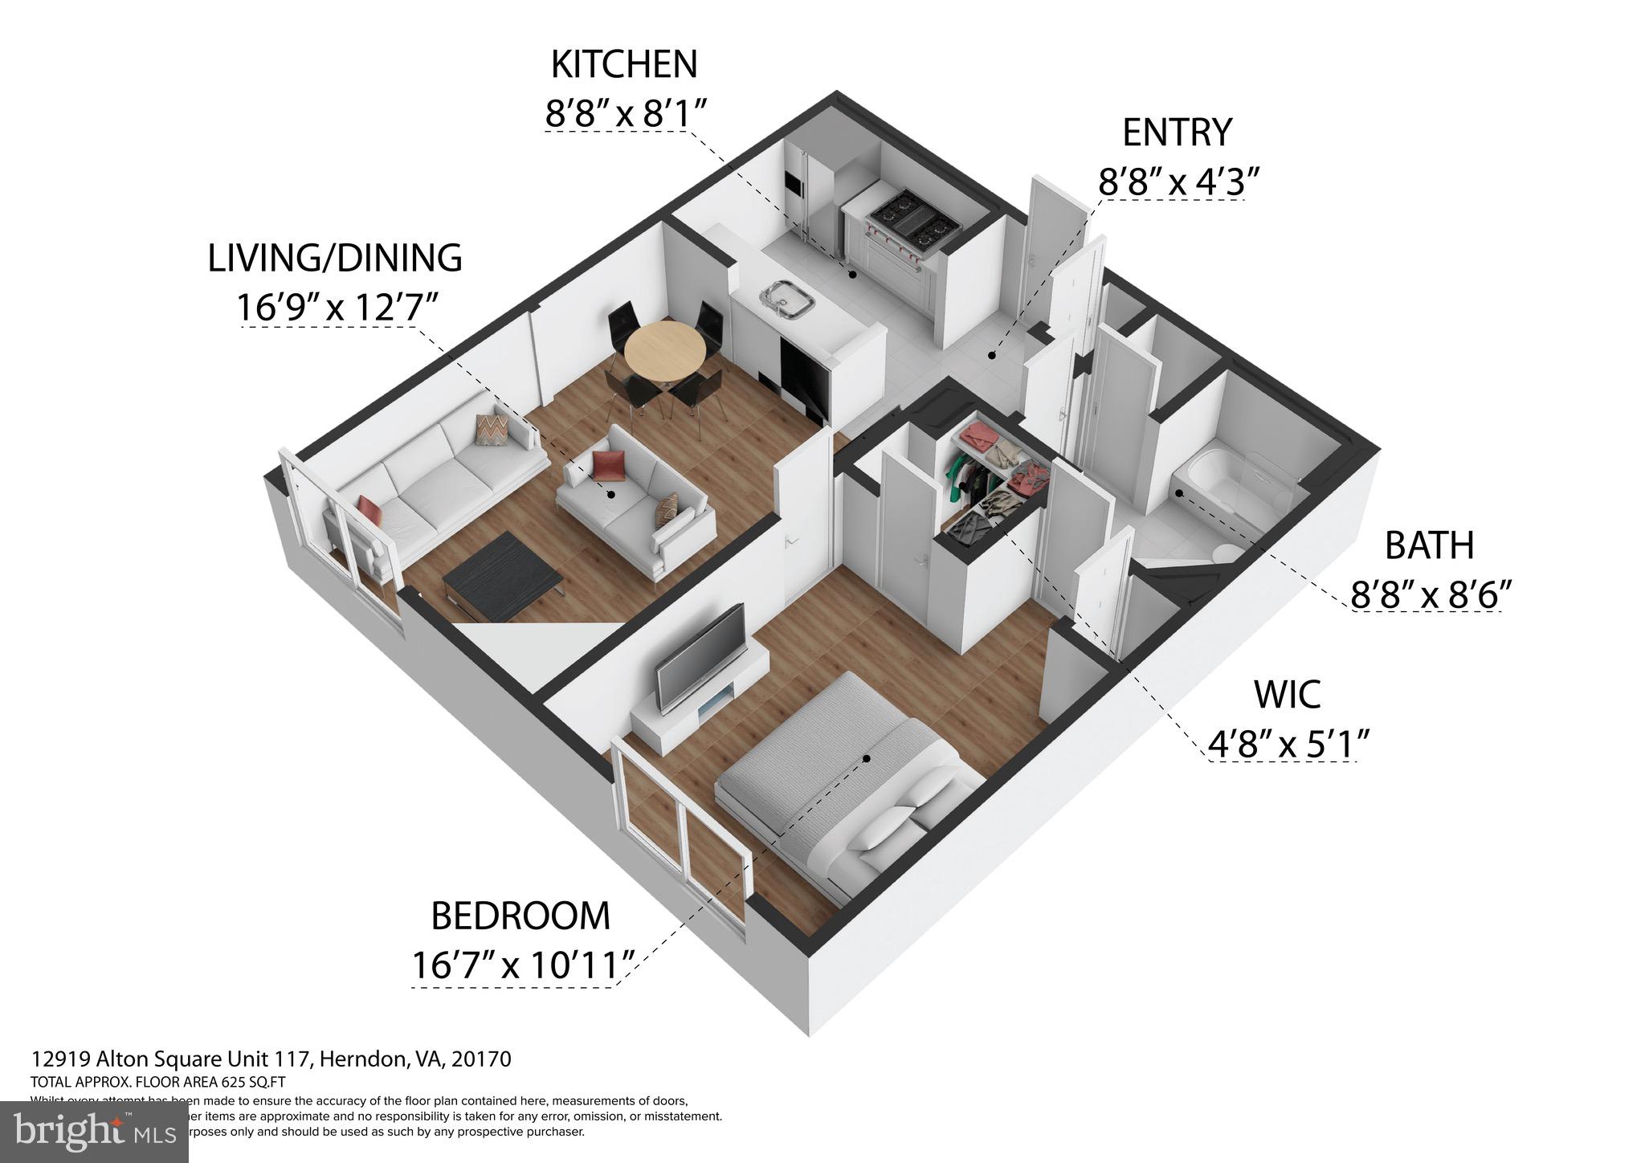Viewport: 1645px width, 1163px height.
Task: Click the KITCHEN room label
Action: click(x=623, y=65)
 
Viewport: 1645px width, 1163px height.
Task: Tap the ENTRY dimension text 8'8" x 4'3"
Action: click(x=1177, y=182)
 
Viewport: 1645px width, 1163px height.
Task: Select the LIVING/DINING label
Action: click(x=335, y=258)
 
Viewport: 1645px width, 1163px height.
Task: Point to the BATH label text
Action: click(x=1429, y=546)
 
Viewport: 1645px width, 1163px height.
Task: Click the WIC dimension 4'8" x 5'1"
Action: click(x=1288, y=743)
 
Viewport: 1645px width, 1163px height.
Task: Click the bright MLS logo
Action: click(x=94, y=1131)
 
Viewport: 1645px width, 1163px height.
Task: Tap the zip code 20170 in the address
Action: click(x=483, y=1059)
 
